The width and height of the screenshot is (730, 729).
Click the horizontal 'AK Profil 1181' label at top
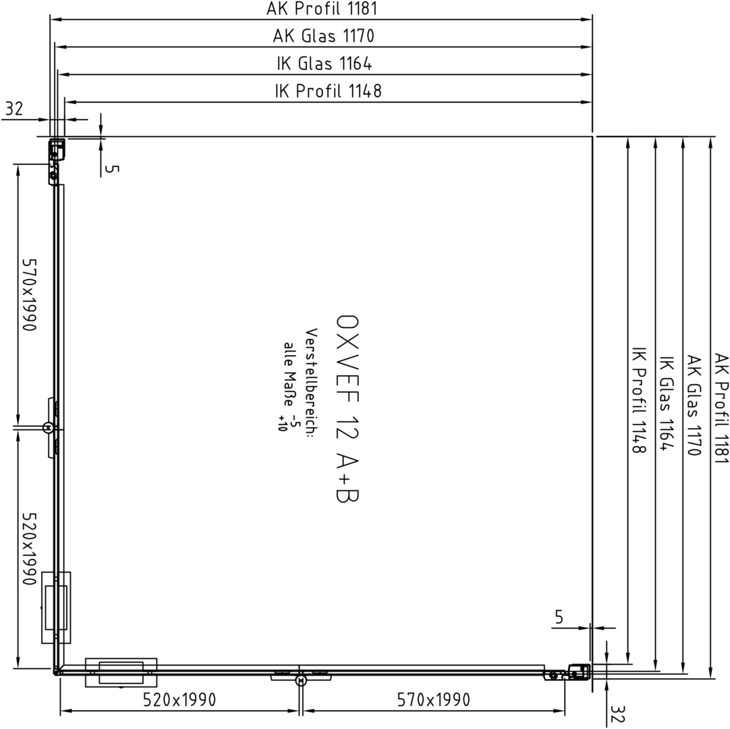point(321,8)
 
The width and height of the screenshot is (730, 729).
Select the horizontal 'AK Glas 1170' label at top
point(324,36)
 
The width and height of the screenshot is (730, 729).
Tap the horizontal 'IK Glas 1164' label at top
point(325,63)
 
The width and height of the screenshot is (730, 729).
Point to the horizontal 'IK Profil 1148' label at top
point(328,91)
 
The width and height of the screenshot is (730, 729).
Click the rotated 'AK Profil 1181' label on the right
point(721,408)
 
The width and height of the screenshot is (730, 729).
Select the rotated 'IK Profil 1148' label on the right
point(638,400)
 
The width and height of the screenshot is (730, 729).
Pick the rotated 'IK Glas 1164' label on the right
point(666,404)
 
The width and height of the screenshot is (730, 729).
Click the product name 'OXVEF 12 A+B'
point(347,409)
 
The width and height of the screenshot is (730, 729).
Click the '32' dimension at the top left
point(13,109)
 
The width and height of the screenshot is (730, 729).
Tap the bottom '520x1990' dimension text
point(179,700)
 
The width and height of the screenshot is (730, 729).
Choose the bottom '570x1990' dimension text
point(433,700)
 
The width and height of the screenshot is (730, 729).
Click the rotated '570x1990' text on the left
point(29,295)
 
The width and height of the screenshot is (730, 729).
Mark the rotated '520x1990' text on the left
point(29,549)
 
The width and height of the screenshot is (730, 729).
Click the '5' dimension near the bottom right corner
point(559,617)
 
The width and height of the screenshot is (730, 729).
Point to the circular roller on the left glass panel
point(47,427)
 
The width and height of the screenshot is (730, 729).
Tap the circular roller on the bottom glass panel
point(301,680)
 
